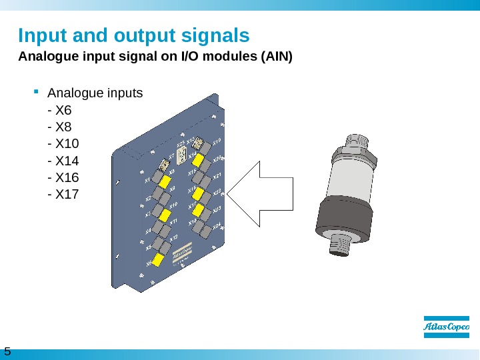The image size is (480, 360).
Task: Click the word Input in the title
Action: pyautogui.click(x=39, y=35)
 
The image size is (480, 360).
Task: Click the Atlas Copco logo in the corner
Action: pyautogui.click(x=447, y=327)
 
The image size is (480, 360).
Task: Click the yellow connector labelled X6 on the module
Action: pyautogui.click(x=159, y=260)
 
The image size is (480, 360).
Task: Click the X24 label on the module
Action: pyautogui.click(x=217, y=227)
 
